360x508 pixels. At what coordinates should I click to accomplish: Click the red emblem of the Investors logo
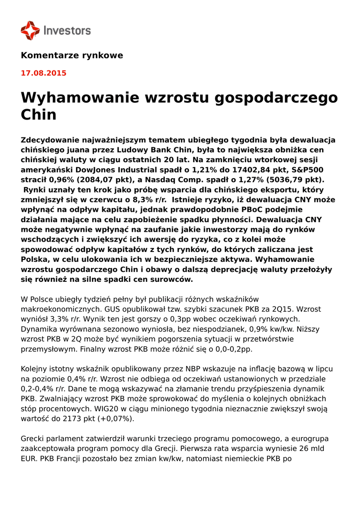click(x=30, y=30)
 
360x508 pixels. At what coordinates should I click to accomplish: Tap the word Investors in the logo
click(x=68, y=31)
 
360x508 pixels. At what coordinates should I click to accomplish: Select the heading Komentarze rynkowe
click(x=72, y=55)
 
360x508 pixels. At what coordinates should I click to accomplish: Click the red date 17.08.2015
click(x=43, y=73)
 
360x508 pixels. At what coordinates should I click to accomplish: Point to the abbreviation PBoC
click(x=255, y=209)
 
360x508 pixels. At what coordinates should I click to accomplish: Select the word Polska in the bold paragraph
click(x=36, y=259)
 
